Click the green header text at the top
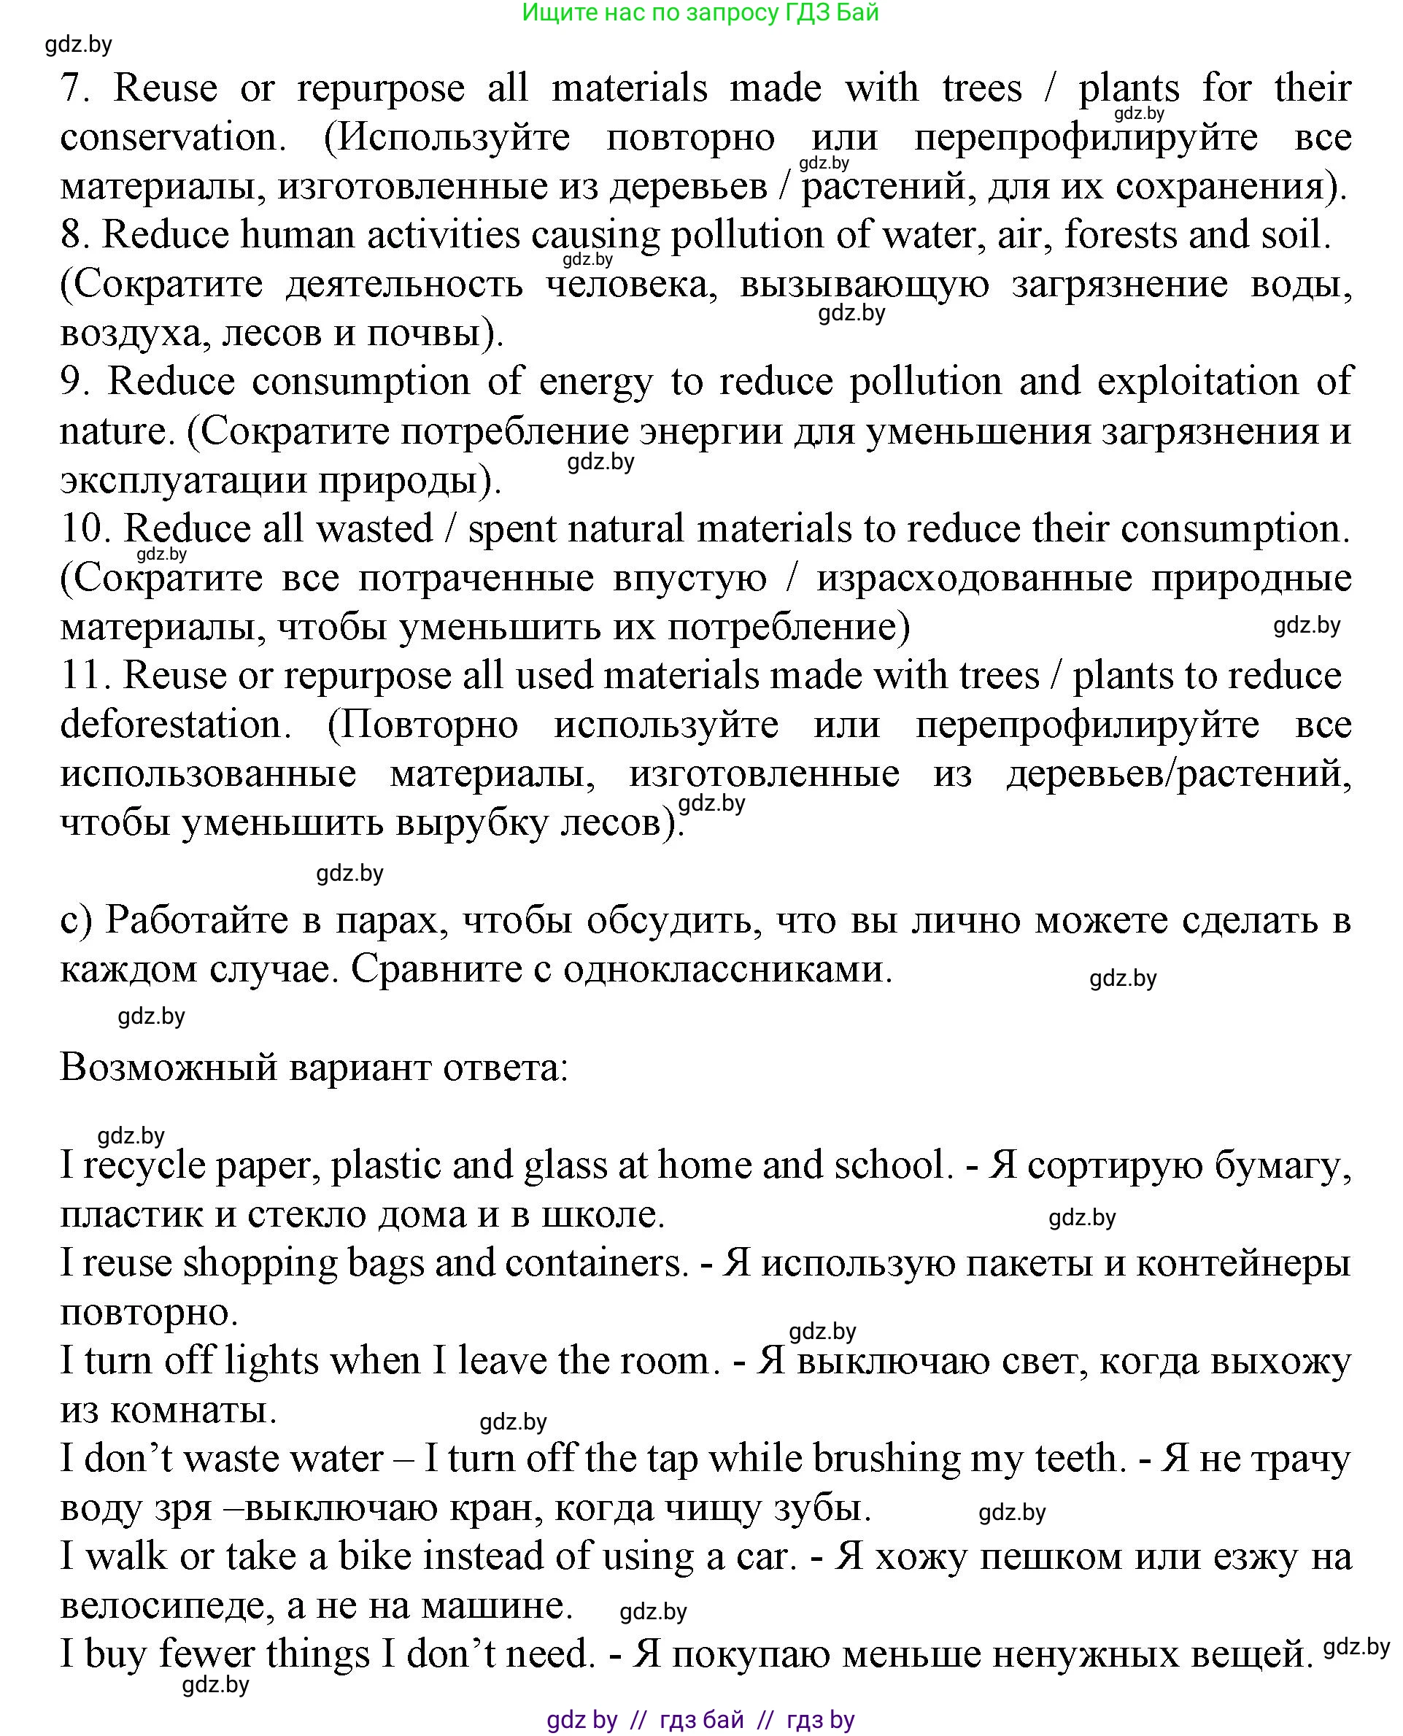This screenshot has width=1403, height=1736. [700, 13]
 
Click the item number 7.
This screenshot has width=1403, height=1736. [74, 88]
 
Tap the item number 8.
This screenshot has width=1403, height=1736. [74, 235]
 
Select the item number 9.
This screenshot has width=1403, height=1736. [74, 382]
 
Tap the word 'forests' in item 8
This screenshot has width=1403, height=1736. [1113, 235]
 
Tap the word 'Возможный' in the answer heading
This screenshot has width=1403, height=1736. [166, 1068]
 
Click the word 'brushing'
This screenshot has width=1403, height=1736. [886, 1459]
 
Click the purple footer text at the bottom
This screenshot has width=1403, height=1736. [700, 1719]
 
